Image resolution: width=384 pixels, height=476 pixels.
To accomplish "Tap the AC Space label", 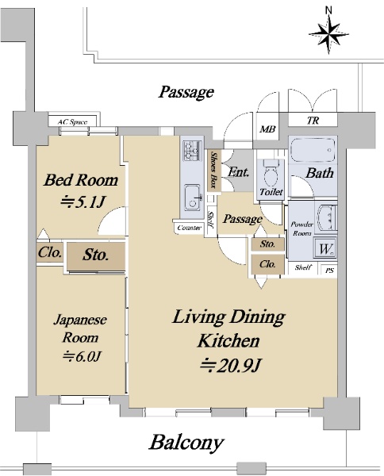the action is (72, 122).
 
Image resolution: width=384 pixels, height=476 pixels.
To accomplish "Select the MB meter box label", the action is (267, 129).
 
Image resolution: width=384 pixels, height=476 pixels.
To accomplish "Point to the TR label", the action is (313, 121).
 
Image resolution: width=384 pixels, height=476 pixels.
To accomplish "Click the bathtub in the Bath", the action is (313, 150).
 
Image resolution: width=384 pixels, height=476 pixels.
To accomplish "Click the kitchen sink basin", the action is (192, 198).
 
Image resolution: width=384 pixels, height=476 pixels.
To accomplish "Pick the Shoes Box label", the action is (213, 170).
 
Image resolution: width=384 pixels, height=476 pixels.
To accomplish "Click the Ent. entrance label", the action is (238, 172).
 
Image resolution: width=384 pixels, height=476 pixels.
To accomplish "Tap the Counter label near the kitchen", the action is (190, 228).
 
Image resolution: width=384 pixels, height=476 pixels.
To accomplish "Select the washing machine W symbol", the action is (326, 248).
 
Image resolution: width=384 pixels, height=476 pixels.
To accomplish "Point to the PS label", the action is (330, 270).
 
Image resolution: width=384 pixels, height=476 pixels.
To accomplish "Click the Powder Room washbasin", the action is (327, 217).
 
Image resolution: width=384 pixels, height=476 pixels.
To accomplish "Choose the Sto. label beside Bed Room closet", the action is (95, 255).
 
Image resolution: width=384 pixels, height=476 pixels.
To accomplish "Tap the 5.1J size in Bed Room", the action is (83, 202).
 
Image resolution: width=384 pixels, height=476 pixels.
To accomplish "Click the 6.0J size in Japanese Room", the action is (82, 356).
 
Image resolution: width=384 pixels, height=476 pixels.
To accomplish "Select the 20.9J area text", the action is (230, 365).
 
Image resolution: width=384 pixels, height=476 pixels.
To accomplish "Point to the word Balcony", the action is (186, 443).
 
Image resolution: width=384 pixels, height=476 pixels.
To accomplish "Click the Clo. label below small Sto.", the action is (267, 264).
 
